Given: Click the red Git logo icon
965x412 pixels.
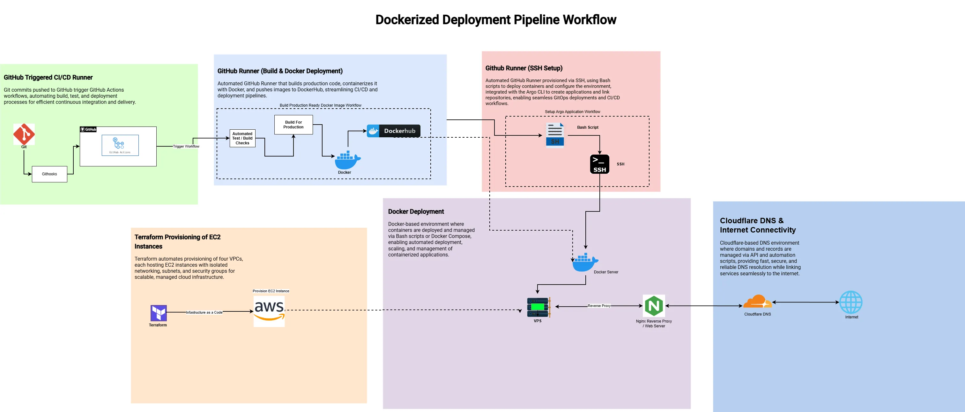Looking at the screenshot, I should (x=24, y=134).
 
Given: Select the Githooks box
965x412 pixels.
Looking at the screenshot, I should (x=49, y=174).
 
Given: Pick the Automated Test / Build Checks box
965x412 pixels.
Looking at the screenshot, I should (x=242, y=138).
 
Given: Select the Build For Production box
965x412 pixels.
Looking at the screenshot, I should (x=293, y=125).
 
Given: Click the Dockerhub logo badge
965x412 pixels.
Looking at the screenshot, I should (x=393, y=131).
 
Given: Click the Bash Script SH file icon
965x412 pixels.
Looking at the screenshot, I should (x=555, y=135).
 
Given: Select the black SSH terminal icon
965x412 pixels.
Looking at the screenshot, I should (x=599, y=164).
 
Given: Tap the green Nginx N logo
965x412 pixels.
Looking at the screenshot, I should (x=654, y=306).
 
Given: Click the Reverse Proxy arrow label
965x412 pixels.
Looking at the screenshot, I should (x=599, y=306).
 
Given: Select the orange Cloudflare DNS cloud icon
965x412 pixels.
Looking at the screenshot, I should (x=757, y=302).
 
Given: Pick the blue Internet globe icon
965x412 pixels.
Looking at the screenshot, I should (x=851, y=302).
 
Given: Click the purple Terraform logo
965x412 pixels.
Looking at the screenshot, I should (x=159, y=313).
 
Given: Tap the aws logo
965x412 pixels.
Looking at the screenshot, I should (x=269, y=311).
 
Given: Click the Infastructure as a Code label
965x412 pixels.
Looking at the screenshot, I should (x=204, y=312).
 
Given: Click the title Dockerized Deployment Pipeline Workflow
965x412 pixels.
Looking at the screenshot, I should (x=496, y=19).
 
